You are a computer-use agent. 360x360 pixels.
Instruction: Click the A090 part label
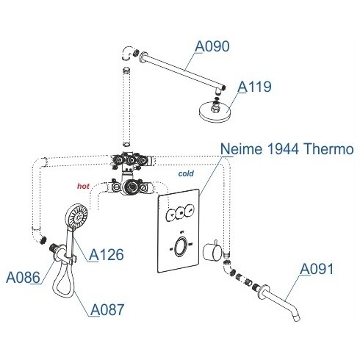[x=212, y=46]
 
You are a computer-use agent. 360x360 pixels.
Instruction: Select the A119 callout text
[x=254, y=87]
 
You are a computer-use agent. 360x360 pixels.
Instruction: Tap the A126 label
[x=107, y=255]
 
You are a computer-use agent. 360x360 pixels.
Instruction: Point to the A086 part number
[x=23, y=278]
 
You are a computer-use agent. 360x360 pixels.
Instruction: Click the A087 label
[x=107, y=309]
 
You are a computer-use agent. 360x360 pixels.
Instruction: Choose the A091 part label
[x=317, y=269]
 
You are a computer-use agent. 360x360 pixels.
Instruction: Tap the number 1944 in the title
[x=282, y=148]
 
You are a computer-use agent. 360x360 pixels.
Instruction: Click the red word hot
[x=83, y=187]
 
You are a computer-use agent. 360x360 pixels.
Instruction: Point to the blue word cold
[x=186, y=173]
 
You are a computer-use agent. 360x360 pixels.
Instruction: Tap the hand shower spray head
[x=76, y=216]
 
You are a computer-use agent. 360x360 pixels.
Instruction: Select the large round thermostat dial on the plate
[x=181, y=246]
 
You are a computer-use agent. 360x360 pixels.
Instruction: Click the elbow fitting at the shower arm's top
[x=128, y=53]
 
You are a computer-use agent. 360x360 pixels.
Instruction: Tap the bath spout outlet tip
[x=296, y=318]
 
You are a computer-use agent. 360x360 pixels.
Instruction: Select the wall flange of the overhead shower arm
[x=143, y=56]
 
